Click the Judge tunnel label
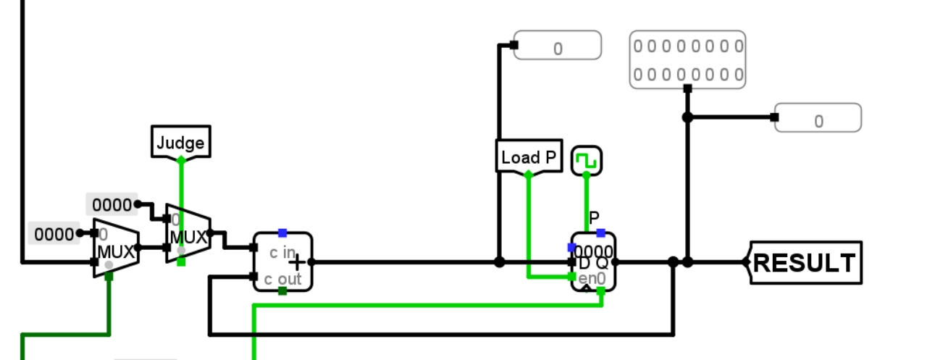(180, 142)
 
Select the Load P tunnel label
(529, 156)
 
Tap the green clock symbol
(587, 160)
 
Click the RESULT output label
(805, 262)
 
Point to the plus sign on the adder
(298, 262)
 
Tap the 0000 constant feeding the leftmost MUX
(54, 234)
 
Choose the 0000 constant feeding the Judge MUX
(112, 204)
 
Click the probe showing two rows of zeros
(687, 59)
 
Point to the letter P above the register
(594, 217)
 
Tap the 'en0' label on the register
(592, 279)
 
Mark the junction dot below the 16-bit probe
(687, 117)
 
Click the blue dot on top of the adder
(282, 233)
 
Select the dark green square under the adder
(282, 291)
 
